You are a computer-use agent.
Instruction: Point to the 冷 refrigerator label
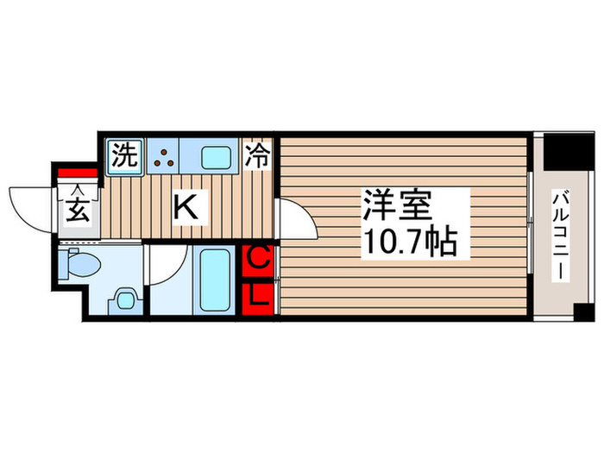coord(257,156)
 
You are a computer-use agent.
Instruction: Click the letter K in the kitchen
coord(186,207)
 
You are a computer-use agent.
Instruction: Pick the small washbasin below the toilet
coord(125,302)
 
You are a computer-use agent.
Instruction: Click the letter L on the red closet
coord(260,296)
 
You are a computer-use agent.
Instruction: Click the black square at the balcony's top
coord(569,151)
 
